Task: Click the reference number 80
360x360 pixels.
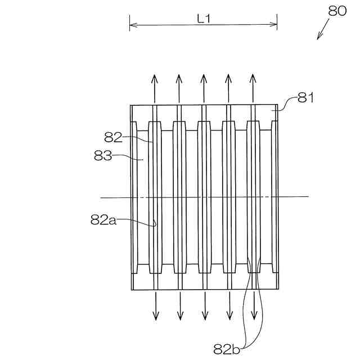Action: point(337,11)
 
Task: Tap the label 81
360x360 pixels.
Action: point(305,98)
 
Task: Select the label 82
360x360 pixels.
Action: point(113,137)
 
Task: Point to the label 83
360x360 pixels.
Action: point(103,156)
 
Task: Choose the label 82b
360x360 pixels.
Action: point(227,349)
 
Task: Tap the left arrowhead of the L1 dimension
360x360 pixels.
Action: point(132,24)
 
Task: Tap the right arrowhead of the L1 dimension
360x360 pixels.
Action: point(276,24)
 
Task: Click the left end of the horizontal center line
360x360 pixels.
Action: point(101,197)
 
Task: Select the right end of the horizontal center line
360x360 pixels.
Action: point(308,196)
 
